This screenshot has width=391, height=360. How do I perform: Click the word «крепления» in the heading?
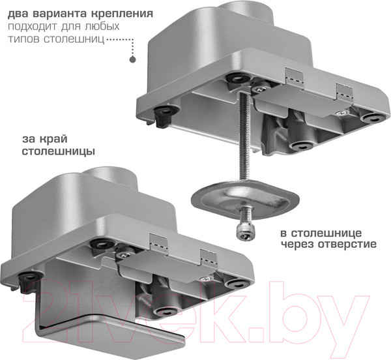point(122,14)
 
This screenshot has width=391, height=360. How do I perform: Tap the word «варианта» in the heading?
point(58,14)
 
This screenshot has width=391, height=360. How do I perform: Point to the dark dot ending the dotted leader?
point(133,59)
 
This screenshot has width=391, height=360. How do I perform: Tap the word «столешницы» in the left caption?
point(59,152)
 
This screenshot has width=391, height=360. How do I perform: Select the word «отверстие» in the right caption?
point(347,245)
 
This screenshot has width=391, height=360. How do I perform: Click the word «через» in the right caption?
point(298,245)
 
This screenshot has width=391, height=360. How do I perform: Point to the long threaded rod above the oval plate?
point(244,136)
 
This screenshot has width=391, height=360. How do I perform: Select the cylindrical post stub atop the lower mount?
point(110,179)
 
